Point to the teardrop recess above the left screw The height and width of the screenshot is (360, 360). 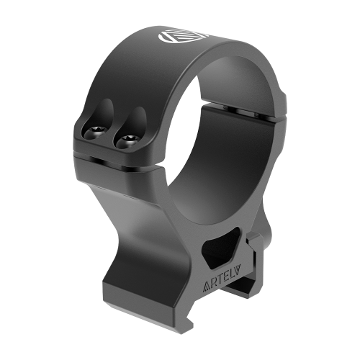[106, 112]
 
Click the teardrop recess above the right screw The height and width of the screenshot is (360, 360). [137, 120]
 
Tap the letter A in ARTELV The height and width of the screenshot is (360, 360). [207, 287]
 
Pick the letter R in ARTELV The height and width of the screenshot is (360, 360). [214, 284]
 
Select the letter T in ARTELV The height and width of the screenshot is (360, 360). [220, 280]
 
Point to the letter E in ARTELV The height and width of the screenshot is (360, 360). [228, 276]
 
